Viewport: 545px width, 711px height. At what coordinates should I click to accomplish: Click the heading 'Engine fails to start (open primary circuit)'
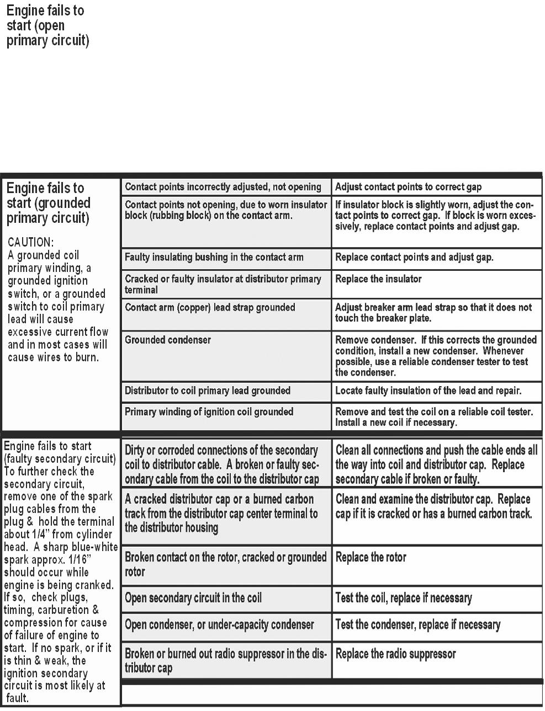click(47, 26)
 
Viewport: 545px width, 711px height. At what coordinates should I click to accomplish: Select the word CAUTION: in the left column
click(31, 242)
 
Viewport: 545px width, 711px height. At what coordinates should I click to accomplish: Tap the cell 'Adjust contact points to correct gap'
click(408, 187)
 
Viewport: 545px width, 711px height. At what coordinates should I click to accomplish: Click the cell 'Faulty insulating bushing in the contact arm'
click(214, 257)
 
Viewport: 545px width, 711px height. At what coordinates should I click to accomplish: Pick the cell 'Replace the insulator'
click(378, 279)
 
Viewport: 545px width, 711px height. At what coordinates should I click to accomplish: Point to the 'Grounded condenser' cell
click(168, 340)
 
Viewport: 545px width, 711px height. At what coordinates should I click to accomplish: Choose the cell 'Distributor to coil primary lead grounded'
click(207, 391)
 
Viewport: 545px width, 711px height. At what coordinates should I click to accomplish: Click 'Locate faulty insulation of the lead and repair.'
click(428, 391)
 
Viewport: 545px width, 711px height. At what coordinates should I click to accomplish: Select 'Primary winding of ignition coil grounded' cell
click(209, 411)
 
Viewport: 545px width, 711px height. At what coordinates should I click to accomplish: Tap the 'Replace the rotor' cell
click(371, 557)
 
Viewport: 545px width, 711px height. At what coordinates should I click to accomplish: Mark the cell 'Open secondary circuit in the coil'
click(193, 598)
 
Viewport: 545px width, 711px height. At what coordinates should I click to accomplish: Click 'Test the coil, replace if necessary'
click(404, 598)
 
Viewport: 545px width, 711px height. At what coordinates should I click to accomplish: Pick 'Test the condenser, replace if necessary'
click(417, 625)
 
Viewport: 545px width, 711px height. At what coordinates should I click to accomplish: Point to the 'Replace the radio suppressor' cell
click(395, 654)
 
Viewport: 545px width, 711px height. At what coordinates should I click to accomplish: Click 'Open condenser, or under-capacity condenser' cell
click(219, 625)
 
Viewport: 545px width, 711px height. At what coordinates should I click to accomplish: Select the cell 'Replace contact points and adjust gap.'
click(414, 257)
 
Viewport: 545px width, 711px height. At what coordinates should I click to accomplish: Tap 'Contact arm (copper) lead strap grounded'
click(210, 307)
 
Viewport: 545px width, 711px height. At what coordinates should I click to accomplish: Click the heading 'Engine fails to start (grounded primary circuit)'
click(48, 203)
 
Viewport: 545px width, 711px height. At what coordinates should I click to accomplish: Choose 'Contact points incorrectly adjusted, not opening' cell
click(223, 187)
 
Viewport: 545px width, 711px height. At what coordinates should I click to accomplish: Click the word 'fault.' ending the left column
click(17, 698)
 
